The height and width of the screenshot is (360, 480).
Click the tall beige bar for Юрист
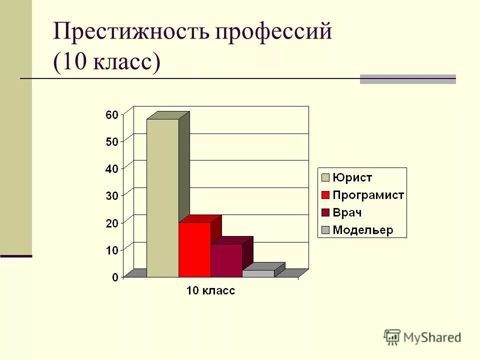click(162, 197)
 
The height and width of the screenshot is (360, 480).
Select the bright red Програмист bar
click(194, 250)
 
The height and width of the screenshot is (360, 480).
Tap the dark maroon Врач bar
click(226, 260)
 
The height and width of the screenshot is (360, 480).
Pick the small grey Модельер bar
click(258, 273)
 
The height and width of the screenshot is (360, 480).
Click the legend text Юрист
click(352, 177)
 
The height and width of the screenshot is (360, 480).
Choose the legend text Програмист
click(368, 195)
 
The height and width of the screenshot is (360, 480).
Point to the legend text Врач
click(347, 212)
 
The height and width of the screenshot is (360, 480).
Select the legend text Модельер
click(363, 230)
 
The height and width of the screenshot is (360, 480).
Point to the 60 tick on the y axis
click(112, 115)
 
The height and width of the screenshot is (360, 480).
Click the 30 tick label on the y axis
click(112, 196)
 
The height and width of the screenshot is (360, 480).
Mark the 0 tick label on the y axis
click(115, 277)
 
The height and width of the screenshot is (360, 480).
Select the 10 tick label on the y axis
click(112, 250)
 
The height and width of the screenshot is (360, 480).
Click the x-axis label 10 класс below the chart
click(210, 290)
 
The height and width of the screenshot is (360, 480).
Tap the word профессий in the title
click(273, 32)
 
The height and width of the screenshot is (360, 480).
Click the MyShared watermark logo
click(422, 337)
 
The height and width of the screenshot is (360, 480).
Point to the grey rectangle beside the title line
click(407, 79)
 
